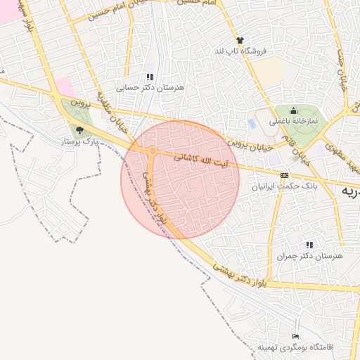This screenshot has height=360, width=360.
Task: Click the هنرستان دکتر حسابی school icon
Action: pos(149,77)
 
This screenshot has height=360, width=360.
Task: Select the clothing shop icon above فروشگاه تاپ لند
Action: pos(240,41)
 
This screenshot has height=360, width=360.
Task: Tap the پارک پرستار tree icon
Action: pos(79,129)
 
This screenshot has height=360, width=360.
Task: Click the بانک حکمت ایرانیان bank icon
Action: pos(284,175)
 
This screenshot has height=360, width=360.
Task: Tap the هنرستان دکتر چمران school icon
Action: pos(309,245)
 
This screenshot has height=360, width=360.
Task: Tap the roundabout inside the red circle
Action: pos(153,151)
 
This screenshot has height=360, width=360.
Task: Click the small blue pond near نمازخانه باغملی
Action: pos(252,124)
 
